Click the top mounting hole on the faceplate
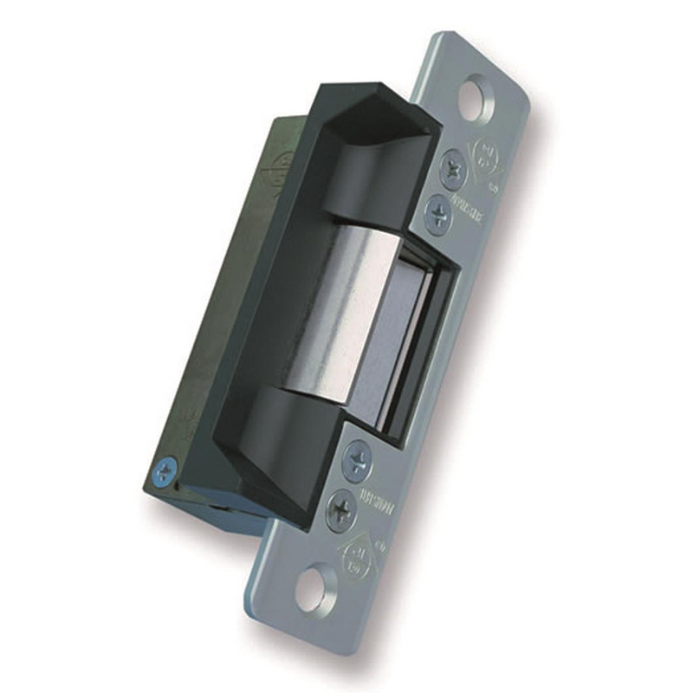pyautogui.click(x=474, y=99)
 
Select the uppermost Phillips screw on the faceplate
pyautogui.click(x=452, y=169)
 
